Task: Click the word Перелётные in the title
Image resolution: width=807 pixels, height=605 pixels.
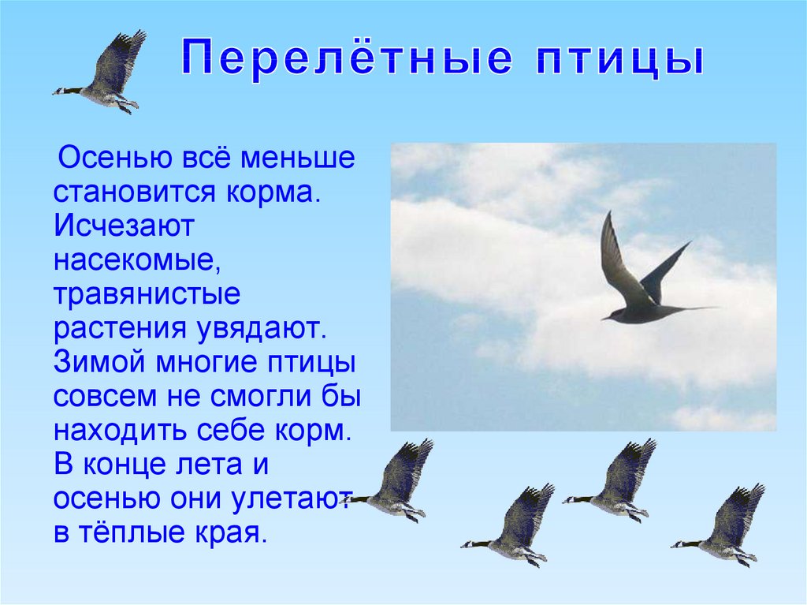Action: point(347,58)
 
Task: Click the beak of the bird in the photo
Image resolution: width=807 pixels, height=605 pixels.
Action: point(603,319)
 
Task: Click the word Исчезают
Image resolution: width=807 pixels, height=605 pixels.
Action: point(124,226)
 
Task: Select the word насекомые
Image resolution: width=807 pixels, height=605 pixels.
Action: point(137,260)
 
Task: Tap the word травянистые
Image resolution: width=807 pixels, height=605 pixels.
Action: point(147,294)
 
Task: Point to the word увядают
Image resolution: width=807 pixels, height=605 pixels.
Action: point(261,328)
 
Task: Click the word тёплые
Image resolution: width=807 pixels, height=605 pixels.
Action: point(132,532)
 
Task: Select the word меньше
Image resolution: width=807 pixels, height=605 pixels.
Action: point(297,158)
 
